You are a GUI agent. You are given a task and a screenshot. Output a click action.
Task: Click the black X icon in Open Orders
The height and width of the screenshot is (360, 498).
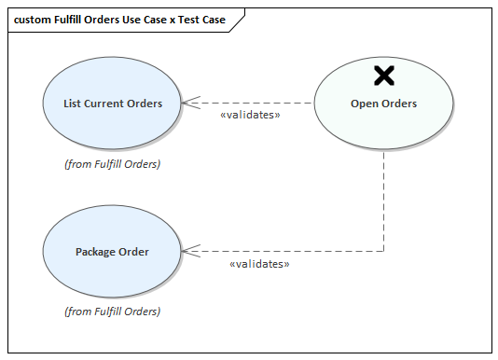(383, 76)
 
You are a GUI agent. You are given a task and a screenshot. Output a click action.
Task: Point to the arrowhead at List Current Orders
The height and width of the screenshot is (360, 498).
(188, 103)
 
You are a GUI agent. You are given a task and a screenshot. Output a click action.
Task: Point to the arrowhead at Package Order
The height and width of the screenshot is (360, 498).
(188, 251)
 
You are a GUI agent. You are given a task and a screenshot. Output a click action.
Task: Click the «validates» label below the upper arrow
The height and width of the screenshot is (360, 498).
(250, 116)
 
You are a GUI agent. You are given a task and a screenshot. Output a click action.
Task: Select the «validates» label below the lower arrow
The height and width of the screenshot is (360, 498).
(259, 265)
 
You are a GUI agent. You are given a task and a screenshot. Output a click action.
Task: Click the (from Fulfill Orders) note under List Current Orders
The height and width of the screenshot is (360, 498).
(112, 163)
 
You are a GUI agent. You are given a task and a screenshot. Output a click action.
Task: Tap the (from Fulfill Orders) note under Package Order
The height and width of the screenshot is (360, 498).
(112, 312)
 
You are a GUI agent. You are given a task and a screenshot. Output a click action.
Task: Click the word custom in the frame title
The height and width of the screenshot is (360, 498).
(33, 19)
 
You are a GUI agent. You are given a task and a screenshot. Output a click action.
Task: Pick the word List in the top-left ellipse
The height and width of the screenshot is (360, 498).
(73, 104)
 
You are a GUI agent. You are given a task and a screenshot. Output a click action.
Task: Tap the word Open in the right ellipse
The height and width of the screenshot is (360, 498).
(364, 104)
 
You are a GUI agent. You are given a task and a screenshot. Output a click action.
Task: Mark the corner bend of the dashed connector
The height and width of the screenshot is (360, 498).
(383, 251)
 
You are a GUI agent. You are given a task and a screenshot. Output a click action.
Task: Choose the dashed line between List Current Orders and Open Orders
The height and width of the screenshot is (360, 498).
(261, 103)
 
